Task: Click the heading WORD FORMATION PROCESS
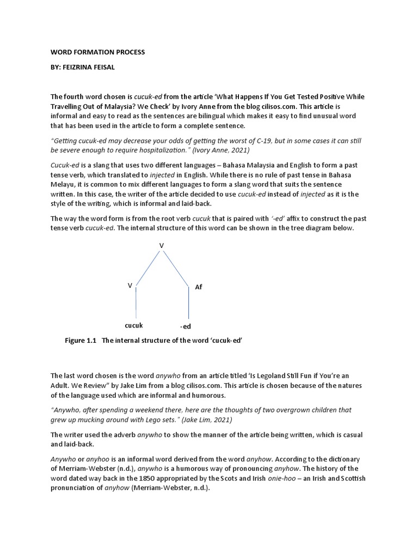[x=98, y=52]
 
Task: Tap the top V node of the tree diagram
[x=161, y=246]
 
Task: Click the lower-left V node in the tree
[x=130, y=286]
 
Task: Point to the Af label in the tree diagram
[x=198, y=287]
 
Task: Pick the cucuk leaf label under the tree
[x=134, y=325]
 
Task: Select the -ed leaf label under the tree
[x=186, y=327]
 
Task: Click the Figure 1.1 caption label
[x=80, y=341]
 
